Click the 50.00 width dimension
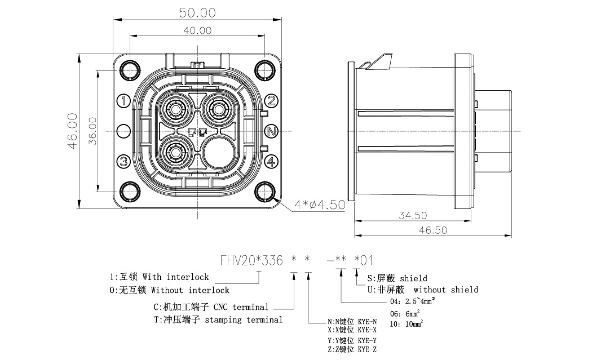click(x=197, y=13)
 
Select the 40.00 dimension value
click(x=197, y=30)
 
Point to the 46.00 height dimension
click(x=73, y=131)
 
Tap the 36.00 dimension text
click(x=92, y=131)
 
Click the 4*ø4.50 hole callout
click(x=320, y=205)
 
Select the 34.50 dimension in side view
click(x=413, y=215)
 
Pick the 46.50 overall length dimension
click(x=432, y=230)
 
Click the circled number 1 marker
click(x=124, y=101)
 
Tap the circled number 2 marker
click(x=271, y=101)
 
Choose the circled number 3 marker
click(x=124, y=162)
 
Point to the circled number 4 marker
click(x=271, y=162)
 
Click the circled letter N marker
click(x=271, y=131)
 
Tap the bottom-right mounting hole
click(x=264, y=192)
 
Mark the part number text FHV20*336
click(x=251, y=260)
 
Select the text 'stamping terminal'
click(x=244, y=320)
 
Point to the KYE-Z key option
click(x=367, y=349)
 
